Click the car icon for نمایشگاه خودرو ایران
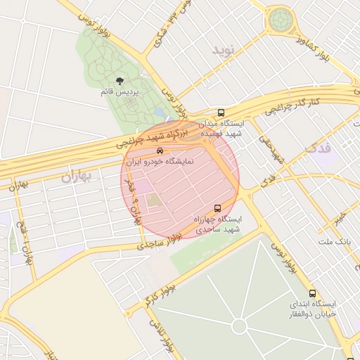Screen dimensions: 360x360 tap(160, 151)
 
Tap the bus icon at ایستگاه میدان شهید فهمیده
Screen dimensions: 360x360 tap(221, 112)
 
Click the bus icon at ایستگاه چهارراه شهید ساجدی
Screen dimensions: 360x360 tap(217, 209)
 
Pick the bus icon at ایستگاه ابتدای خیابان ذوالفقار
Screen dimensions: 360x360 tap(312, 294)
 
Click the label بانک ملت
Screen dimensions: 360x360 tap(333, 242)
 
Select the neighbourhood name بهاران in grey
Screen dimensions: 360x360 tap(75, 176)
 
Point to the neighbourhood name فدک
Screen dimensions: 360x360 tap(319, 148)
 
